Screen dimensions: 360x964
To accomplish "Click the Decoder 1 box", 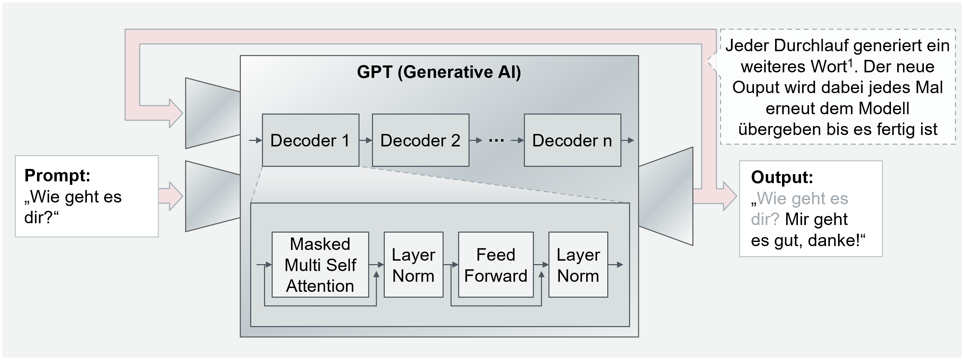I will click(x=310, y=140).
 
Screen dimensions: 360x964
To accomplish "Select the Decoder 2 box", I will click(x=420, y=140).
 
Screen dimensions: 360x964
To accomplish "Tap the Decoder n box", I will click(x=572, y=140).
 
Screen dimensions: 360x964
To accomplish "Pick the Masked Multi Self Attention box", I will click(x=320, y=264).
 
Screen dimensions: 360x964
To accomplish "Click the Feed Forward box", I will click(x=495, y=264).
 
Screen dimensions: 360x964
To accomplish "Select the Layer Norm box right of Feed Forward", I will click(x=578, y=264).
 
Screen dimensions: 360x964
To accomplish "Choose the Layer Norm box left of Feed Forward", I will click(x=413, y=264).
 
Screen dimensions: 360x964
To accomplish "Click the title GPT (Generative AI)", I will click(x=439, y=72).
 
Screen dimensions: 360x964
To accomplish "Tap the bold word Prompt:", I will click(x=57, y=175).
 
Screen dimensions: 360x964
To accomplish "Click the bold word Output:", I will click(x=782, y=177).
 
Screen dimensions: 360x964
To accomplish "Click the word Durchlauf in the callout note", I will click(x=811, y=46).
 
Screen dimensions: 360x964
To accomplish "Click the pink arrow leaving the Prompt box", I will click(x=170, y=196).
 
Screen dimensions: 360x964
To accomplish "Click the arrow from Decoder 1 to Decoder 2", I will click(x=366, y=140).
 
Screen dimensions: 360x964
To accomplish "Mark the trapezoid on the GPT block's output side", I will click(x=666, y=196).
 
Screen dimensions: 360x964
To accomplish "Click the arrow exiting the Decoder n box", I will click(x=628, y=140).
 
